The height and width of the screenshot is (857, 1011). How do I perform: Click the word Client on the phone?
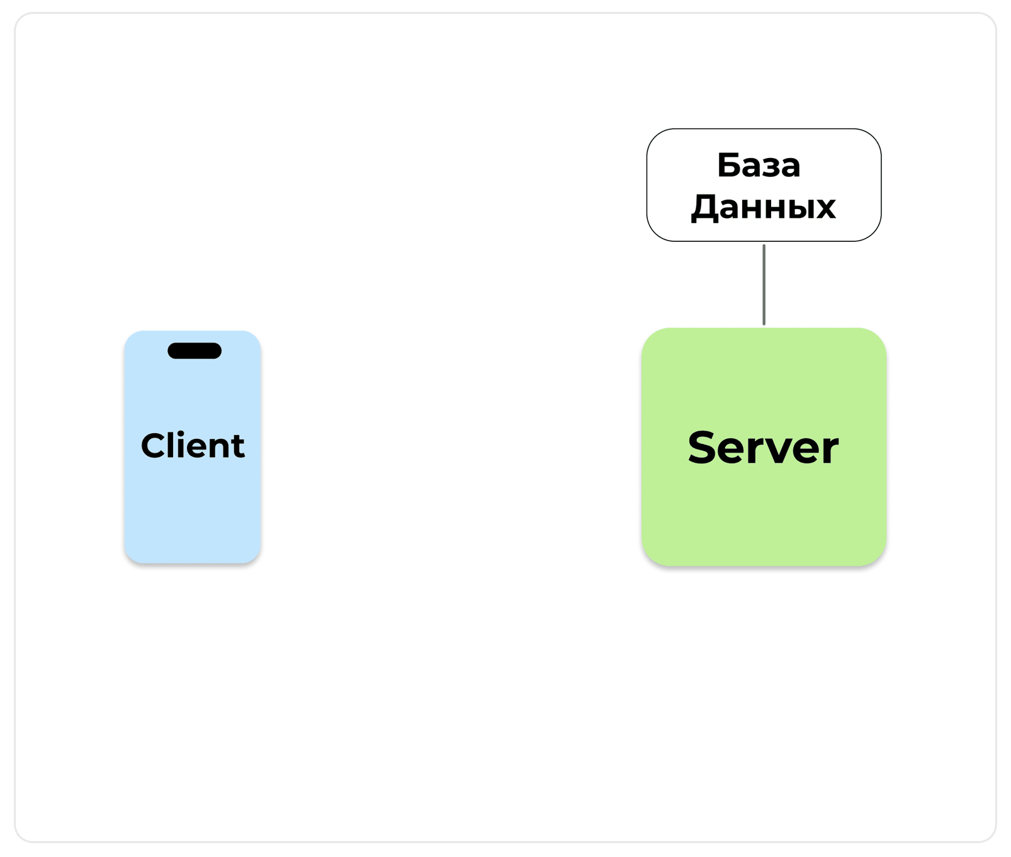pos(193,446)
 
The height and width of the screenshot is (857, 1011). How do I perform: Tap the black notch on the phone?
pos(195,351)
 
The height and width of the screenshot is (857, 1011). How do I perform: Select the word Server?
pos(763,448)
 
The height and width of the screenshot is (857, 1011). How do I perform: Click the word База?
pos(759,166)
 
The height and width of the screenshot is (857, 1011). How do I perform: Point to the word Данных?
pos(763,207)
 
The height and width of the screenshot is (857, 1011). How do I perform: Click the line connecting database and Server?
pos(764,285)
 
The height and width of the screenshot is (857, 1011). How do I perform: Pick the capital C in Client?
pos(154,446)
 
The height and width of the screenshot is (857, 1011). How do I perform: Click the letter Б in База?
pos(729,166)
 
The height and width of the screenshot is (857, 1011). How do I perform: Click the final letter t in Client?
pos(237,447)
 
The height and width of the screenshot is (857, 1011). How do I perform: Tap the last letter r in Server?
pos(828,451)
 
